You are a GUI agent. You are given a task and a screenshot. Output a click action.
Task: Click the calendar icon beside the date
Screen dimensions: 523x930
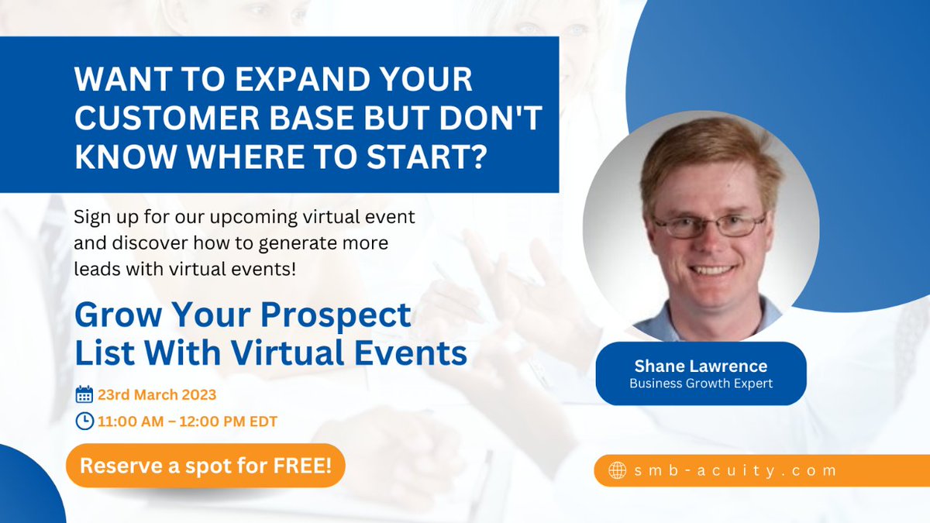(84, 394)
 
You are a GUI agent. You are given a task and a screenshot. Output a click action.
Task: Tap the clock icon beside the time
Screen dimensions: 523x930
(84, 421)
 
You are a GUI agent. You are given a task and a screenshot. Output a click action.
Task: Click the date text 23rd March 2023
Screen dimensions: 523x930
(157, 394)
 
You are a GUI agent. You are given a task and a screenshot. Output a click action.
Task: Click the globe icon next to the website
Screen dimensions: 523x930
(618, 470)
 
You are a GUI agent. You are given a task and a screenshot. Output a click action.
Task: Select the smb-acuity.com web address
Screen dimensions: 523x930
(735, 470)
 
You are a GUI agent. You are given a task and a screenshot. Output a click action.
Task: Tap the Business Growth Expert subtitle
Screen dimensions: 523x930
(701, 384)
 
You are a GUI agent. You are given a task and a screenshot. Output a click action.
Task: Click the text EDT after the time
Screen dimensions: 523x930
(263, 421)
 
